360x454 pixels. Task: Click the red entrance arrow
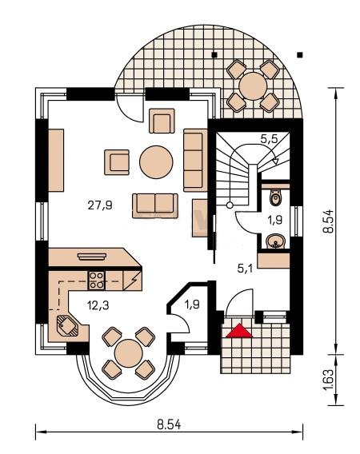[x=239, y=331]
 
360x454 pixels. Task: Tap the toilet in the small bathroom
[x=275, y=197]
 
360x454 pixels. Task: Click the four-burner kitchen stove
[x=96, y=281]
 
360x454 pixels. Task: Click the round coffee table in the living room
[x=156, y=161]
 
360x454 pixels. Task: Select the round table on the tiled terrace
[x=253, y=86]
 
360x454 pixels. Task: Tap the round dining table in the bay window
[x=129, y=353]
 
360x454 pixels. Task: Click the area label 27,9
[x=100, y=205]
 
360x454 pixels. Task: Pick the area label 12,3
[x=98, y=305]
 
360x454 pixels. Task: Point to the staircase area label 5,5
[x=269, y=139]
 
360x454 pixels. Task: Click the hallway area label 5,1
[x=245, y=269]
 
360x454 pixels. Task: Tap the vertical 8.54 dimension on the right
[x=330, y=221]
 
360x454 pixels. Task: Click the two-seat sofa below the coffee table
[x=155, y=206]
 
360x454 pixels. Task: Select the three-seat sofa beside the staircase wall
[x=195, y=161]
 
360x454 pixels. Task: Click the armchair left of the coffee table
[x=117, y=162]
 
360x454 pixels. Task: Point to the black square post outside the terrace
[x=300, y=54]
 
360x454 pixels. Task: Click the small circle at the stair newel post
[x=230, y=205]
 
